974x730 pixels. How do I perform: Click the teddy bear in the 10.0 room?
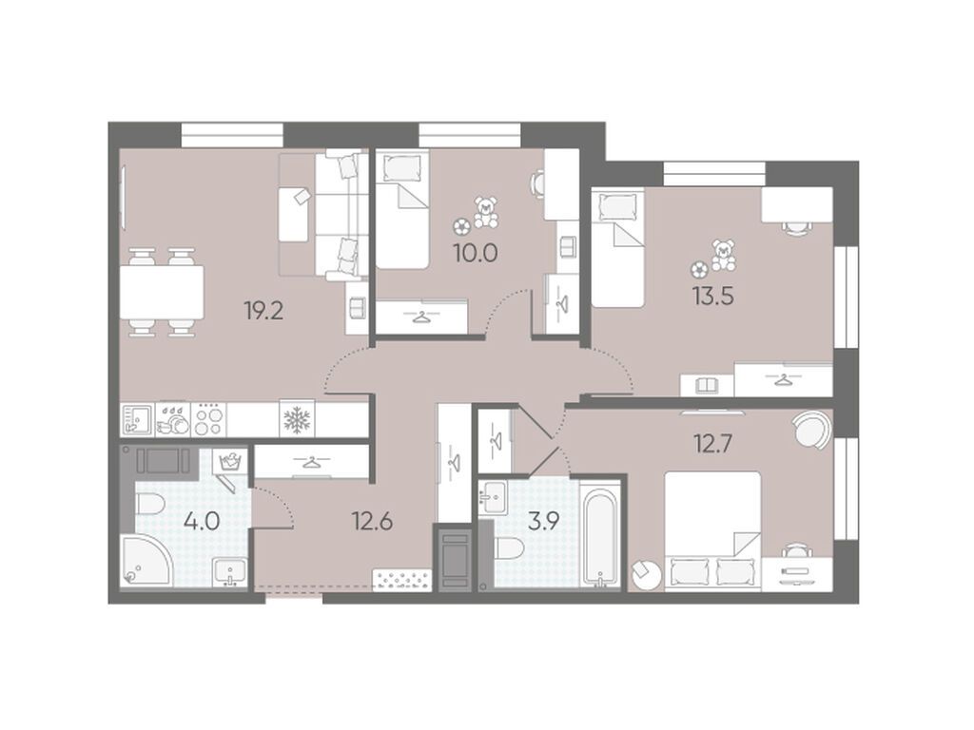(x=486, y=212)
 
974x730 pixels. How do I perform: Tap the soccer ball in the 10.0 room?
(x=461, y=225)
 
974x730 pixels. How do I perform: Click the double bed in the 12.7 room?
(x=711, y=530)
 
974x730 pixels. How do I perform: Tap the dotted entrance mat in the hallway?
(x=402, y=579)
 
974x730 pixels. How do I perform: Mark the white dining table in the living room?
(x=160, y=292)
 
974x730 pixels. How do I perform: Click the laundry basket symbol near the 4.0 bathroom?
(x=228, y=463)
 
